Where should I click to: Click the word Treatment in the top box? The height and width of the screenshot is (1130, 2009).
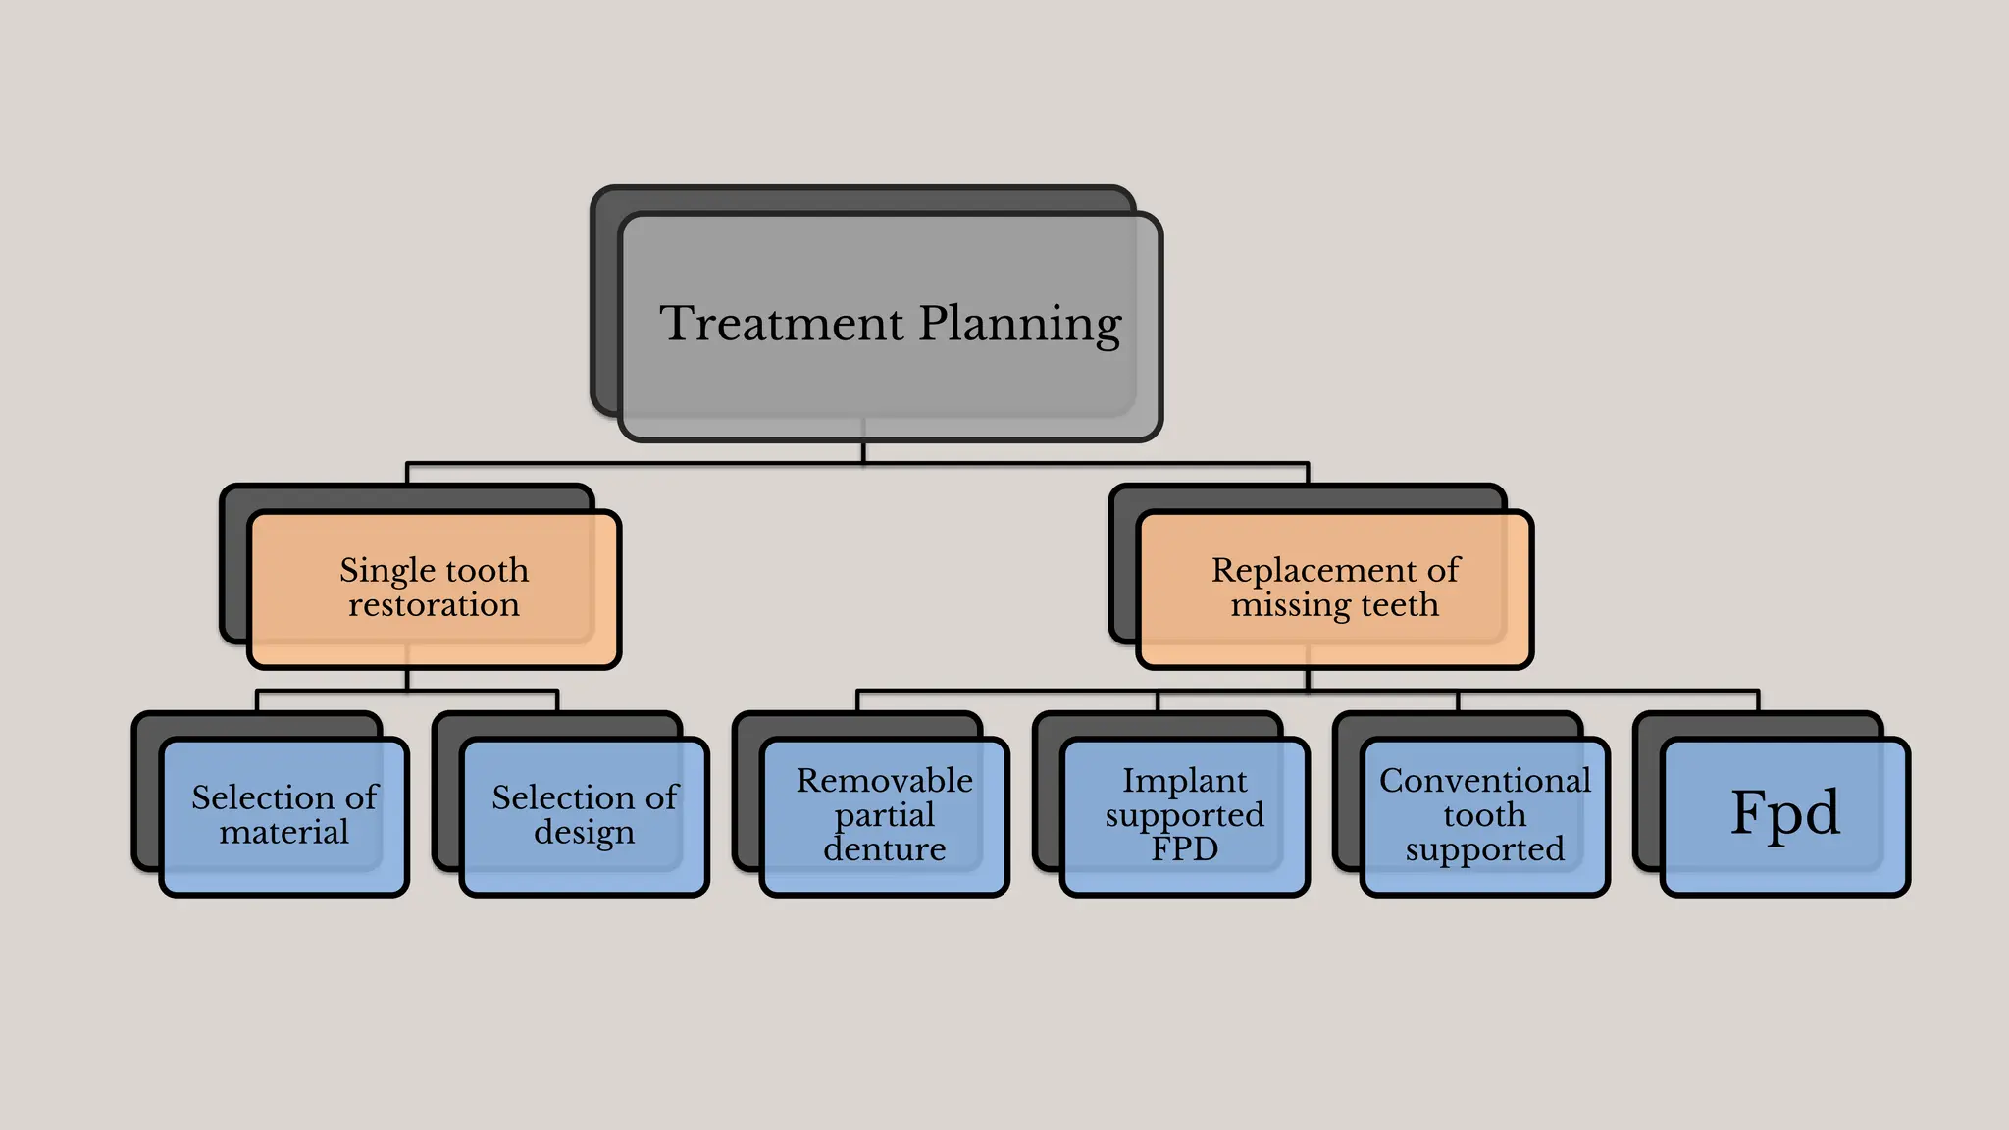[x=781, y=324]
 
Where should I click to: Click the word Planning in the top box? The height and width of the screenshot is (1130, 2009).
[x=1020, y=326]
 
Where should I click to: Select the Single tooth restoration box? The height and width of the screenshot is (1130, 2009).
[x=435, y=589]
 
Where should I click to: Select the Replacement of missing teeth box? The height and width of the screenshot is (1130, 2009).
[x=1334, y=589]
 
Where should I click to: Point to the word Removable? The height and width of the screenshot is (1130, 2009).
[x=885, y=781]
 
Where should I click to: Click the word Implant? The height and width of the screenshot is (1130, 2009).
[x=1185, y=781]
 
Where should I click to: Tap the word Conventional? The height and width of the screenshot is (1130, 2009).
[x=1485, y=781]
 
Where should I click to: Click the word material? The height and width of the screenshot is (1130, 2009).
[x=284, y=833]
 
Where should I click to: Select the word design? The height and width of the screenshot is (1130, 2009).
[x=585, y=834]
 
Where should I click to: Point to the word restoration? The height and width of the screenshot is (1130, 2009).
[x=435, y=605]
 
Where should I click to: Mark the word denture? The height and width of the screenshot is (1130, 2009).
[x=885, y=849]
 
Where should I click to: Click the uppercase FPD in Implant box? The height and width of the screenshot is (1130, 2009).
[x=1185, y=849]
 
